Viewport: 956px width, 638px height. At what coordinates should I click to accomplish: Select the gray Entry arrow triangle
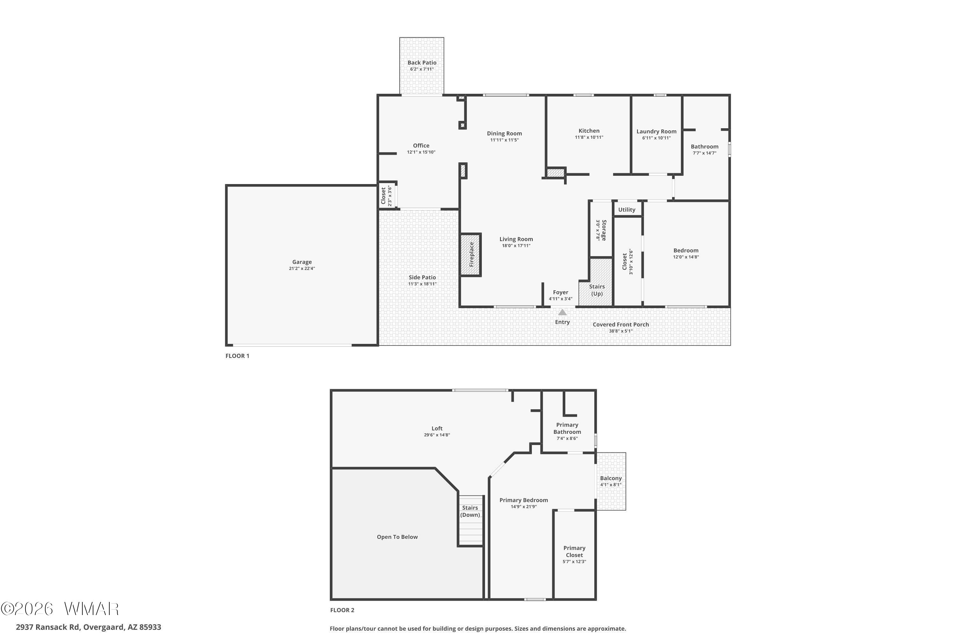point(562,312)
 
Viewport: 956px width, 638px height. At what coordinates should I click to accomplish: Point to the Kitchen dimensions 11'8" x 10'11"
point(589,137)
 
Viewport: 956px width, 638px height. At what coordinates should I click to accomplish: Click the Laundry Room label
point(656,131)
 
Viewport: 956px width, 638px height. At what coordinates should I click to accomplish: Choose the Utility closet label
point(627,210)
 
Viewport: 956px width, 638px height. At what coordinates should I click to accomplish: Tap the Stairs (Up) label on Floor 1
point(597,290)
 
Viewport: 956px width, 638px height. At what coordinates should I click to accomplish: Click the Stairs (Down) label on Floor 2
point(470,511)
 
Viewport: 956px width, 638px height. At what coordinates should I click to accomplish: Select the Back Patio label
point(422,63)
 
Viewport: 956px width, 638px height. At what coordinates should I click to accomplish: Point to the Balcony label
point(611,478)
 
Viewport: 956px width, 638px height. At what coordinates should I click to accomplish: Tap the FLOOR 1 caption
point(237,356)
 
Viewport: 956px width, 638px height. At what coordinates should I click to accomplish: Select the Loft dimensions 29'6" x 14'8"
point(437,435)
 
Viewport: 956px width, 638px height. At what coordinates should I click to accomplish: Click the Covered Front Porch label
point(621,324)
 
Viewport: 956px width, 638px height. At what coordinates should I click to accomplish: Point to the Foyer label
point(561,292)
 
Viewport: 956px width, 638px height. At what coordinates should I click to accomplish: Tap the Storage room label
point(604,230)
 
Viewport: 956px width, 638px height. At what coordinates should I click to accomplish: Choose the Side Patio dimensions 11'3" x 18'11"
point(422,284)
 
